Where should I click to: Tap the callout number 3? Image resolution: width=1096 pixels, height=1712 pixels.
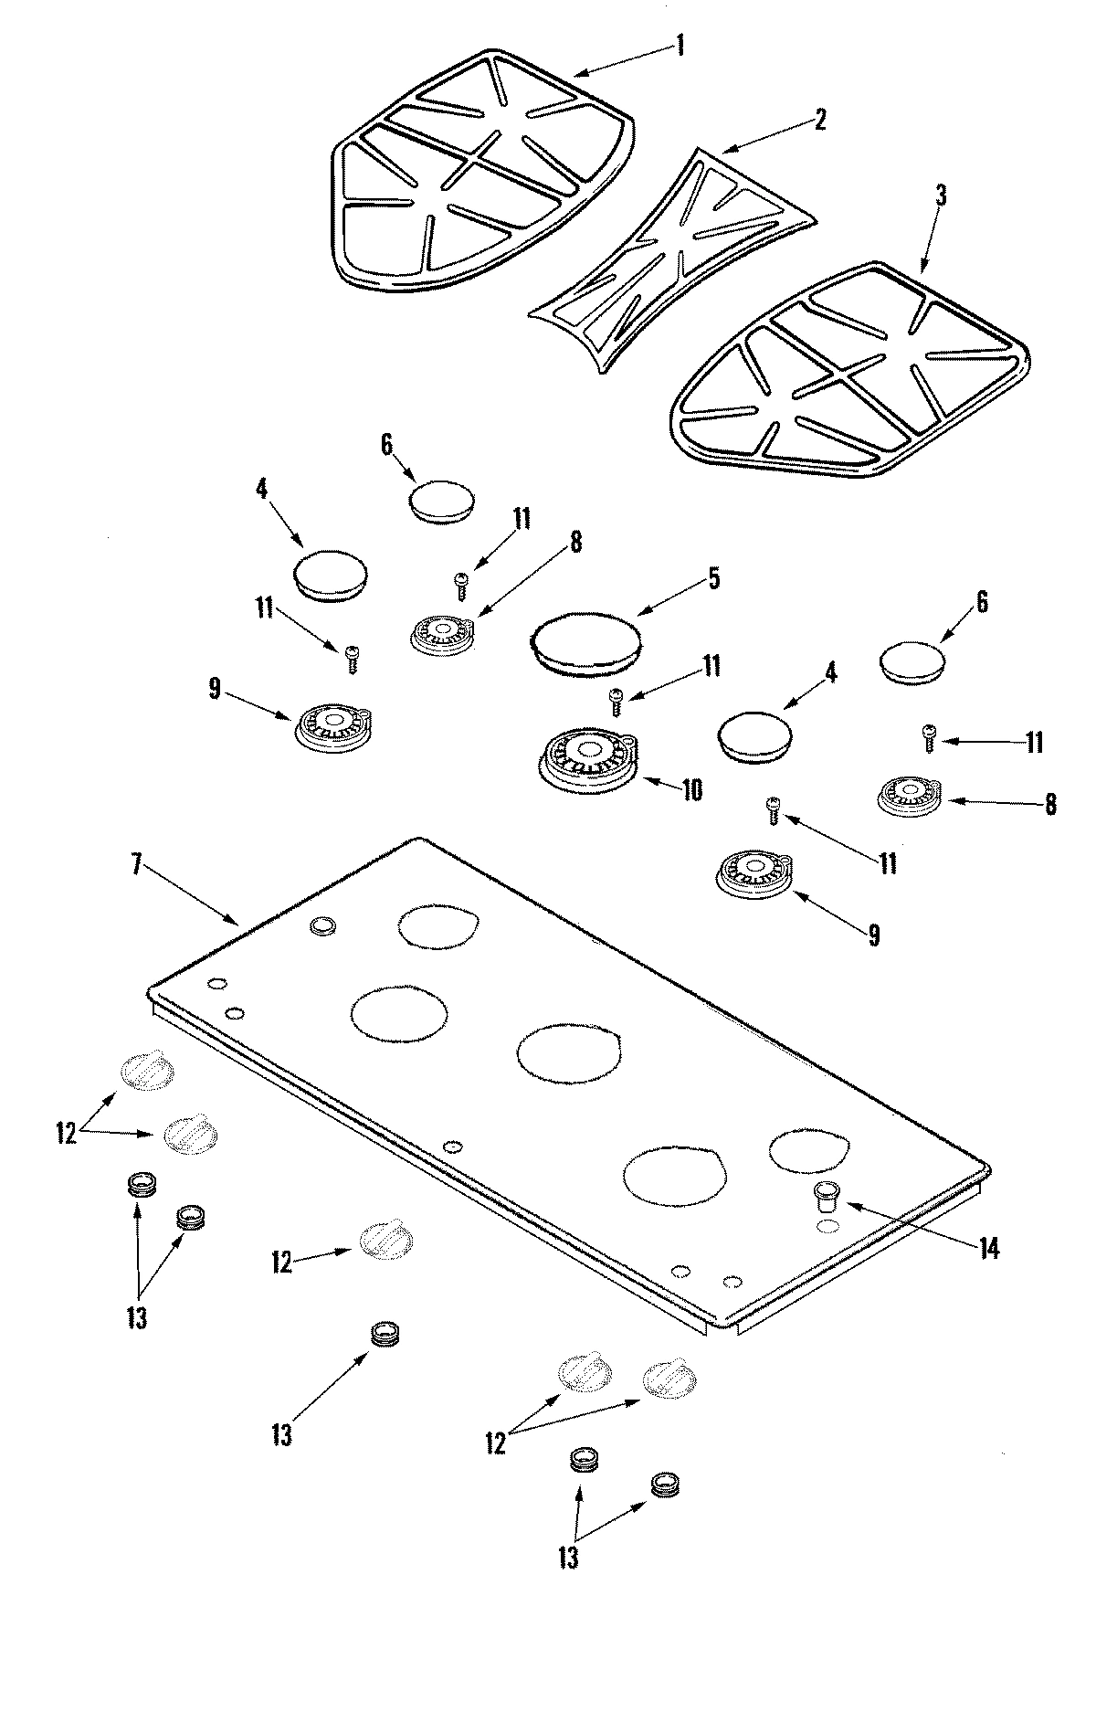pyautogui.click(x=941, y=195)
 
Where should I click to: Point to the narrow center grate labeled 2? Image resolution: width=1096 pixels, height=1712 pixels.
pyautogui.click(x=673, y=260)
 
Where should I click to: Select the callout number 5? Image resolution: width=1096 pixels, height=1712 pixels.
pyautogui.click(x=713, y=577)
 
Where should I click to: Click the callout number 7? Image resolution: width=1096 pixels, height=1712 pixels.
pyautogui.click(x=137, y=865)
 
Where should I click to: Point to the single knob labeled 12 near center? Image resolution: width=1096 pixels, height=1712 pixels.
pyautogui.click(x=385, y=1240)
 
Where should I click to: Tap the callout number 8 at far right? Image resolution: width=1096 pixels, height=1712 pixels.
pyautogui.click(x=1050, y=804)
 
